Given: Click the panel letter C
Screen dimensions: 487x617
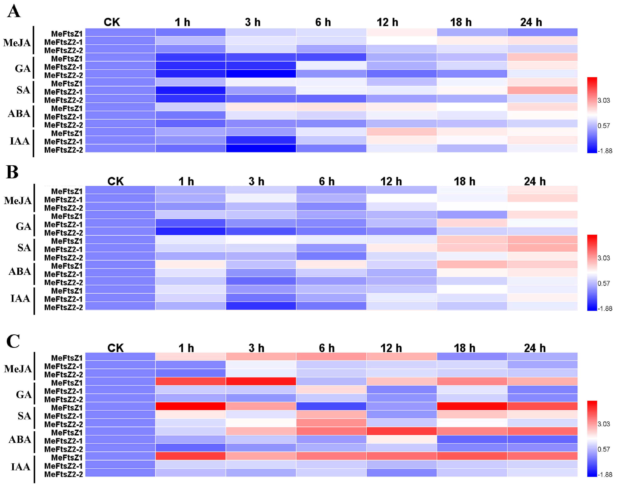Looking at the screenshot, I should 13,341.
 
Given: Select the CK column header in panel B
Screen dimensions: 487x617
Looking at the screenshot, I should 115,181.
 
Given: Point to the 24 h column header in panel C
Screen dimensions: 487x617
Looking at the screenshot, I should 535,348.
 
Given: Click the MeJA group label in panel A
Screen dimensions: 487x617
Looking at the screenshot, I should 17,43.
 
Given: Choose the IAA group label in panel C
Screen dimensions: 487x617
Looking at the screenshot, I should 20,467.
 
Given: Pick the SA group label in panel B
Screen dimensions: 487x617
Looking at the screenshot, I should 24,247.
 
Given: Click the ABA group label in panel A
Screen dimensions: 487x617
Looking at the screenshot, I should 19,113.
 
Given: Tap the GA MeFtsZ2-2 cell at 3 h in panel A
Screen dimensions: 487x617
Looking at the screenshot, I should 261,74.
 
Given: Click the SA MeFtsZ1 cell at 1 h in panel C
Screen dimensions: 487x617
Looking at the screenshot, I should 191,406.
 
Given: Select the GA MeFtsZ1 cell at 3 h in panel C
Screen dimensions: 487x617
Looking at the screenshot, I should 261,381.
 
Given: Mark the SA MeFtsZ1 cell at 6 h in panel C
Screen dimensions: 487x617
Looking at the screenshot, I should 331,406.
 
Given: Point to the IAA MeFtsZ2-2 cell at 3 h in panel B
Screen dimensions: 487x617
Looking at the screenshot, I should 261,306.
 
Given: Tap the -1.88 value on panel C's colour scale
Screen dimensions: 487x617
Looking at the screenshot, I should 605,474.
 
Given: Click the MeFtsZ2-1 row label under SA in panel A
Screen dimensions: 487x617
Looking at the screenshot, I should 63,92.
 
